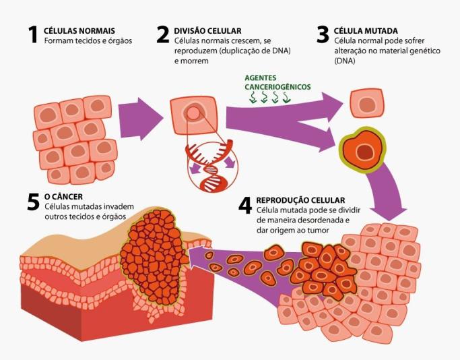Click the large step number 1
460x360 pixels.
[x=32, y=35]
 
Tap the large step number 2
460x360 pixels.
[x=164, y=35]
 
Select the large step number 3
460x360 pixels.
[x=323, y=35]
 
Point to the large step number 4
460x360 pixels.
[x=246, y=205]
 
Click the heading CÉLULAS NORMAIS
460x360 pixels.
[x=79, y=31]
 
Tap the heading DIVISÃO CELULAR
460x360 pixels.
[x=207, y=31]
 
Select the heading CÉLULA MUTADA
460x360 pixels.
[x=366, y=31]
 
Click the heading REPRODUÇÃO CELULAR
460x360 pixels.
[x=300, y=200]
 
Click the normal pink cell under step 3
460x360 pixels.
[x=367, y=104]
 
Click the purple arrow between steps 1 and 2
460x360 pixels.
[x=139, y=115]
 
